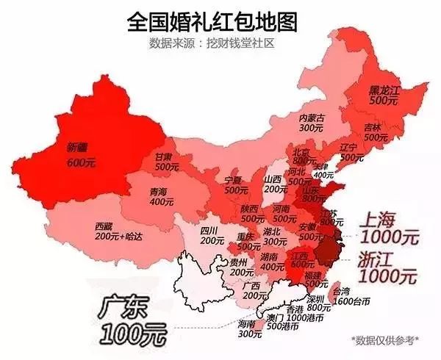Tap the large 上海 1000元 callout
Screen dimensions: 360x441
click(x=387, y=228)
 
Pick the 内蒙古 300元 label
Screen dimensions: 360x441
click(x=312, y=122)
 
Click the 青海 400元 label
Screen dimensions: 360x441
click(x=158, y=197)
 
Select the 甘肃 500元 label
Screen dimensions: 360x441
click(x=167, y=162)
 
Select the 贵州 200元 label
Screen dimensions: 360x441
click(x=240, y=267)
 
